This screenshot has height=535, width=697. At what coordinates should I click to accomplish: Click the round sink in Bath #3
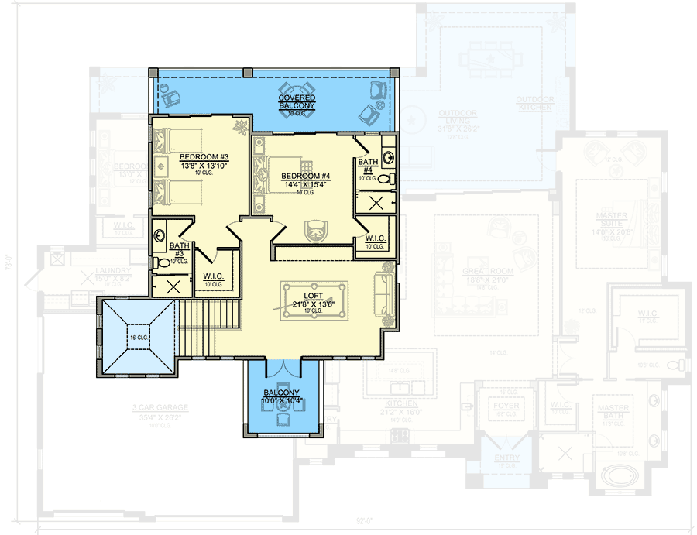click(x=158, y=232)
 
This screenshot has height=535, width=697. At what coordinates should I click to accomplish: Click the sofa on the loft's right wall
click(x=385, y=294)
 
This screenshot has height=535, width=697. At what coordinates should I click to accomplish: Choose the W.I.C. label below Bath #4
click(x=376, y=238)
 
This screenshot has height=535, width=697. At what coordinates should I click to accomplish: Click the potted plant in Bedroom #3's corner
click(x=242, y=125)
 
